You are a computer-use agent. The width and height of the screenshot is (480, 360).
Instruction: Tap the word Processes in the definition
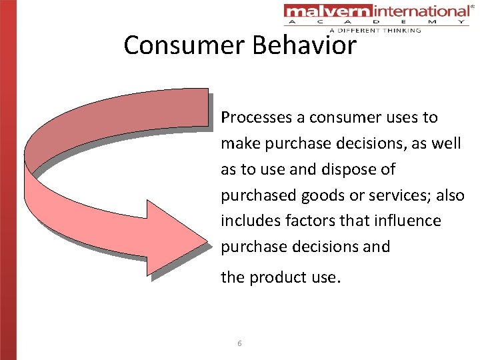(x=257, y=117)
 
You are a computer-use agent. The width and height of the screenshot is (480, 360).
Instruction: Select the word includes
(x=248, y=221)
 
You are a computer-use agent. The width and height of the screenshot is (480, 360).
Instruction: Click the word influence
(x=407, y=221)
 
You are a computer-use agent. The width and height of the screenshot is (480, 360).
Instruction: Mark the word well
(x=447, y=143)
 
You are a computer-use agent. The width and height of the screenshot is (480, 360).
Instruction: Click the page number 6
(x=239, y=343)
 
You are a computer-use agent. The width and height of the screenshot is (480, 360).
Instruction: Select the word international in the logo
(x=411, y=11)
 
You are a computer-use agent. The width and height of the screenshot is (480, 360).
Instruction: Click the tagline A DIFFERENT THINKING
(x=375, y=30)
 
